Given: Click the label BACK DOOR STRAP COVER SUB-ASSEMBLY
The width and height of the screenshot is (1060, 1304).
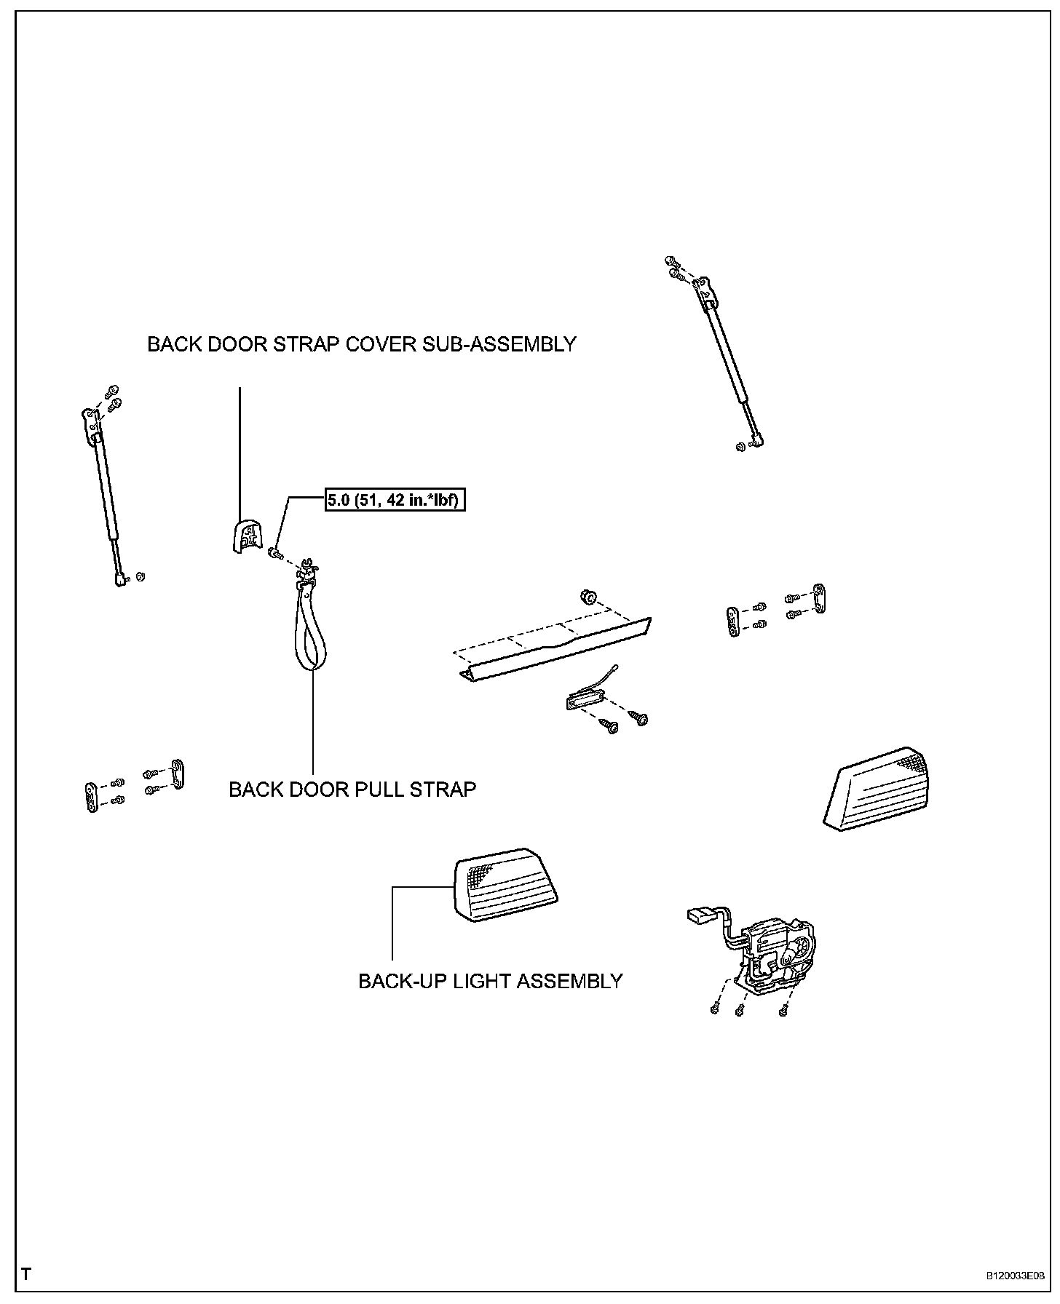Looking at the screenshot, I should point(362,344).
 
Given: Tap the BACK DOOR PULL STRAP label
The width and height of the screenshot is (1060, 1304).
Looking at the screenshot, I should point(352,790).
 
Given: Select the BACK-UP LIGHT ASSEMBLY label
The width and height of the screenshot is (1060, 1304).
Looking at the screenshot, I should point(490,981).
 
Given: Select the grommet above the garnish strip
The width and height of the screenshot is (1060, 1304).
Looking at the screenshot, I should point(587,598).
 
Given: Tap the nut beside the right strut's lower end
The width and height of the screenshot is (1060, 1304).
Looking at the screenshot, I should point(740,447).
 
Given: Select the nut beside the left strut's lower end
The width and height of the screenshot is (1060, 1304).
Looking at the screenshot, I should point(141,576).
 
